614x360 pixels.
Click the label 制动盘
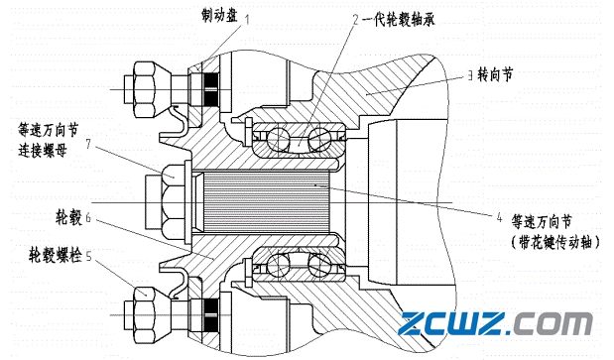point(219,15)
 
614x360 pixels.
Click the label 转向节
point(495,74)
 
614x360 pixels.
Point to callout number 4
point(499,217)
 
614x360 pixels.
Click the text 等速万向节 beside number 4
point(542,222)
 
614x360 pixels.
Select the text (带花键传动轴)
point(555,243)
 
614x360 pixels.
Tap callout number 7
point(88,144)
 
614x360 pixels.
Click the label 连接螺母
point(43,151)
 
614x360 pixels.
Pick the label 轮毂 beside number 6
point(68,218)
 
